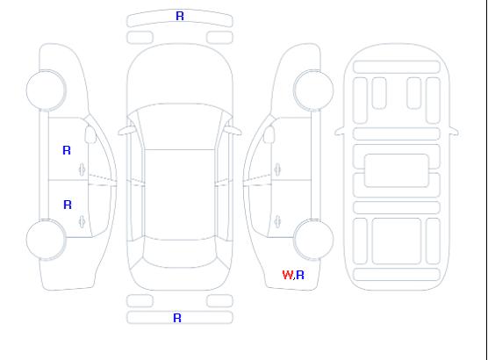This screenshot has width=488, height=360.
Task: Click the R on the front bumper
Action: (180, 16)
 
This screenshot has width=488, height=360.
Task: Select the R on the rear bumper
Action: (177, 318)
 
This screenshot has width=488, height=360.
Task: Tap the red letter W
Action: (287, 275)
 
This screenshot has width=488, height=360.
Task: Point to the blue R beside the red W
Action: (300, 275)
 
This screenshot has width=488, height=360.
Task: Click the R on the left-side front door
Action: (67, 150)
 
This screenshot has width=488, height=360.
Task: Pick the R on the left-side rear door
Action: (68, 205)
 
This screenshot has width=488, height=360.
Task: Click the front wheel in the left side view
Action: (46, 90)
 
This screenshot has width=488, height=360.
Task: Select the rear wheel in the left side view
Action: (46, 240)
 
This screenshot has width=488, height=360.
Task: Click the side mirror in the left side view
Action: (90, 134)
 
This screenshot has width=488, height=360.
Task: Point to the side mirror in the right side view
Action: (269, 134)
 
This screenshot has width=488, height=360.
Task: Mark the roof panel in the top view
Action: (180, 195)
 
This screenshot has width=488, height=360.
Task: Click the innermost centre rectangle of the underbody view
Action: (397, 170)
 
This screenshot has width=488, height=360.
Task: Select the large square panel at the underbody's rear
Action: (397, 241)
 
